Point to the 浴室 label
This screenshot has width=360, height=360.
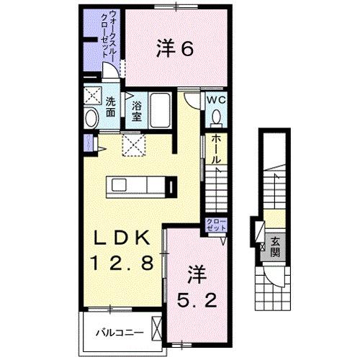pos(137,108)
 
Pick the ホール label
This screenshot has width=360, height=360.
pos(215,149)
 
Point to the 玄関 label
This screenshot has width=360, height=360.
pos(276,248)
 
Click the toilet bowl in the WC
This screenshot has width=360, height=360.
pos(217,117)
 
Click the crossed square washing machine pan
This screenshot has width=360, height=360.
pos(91,94)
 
